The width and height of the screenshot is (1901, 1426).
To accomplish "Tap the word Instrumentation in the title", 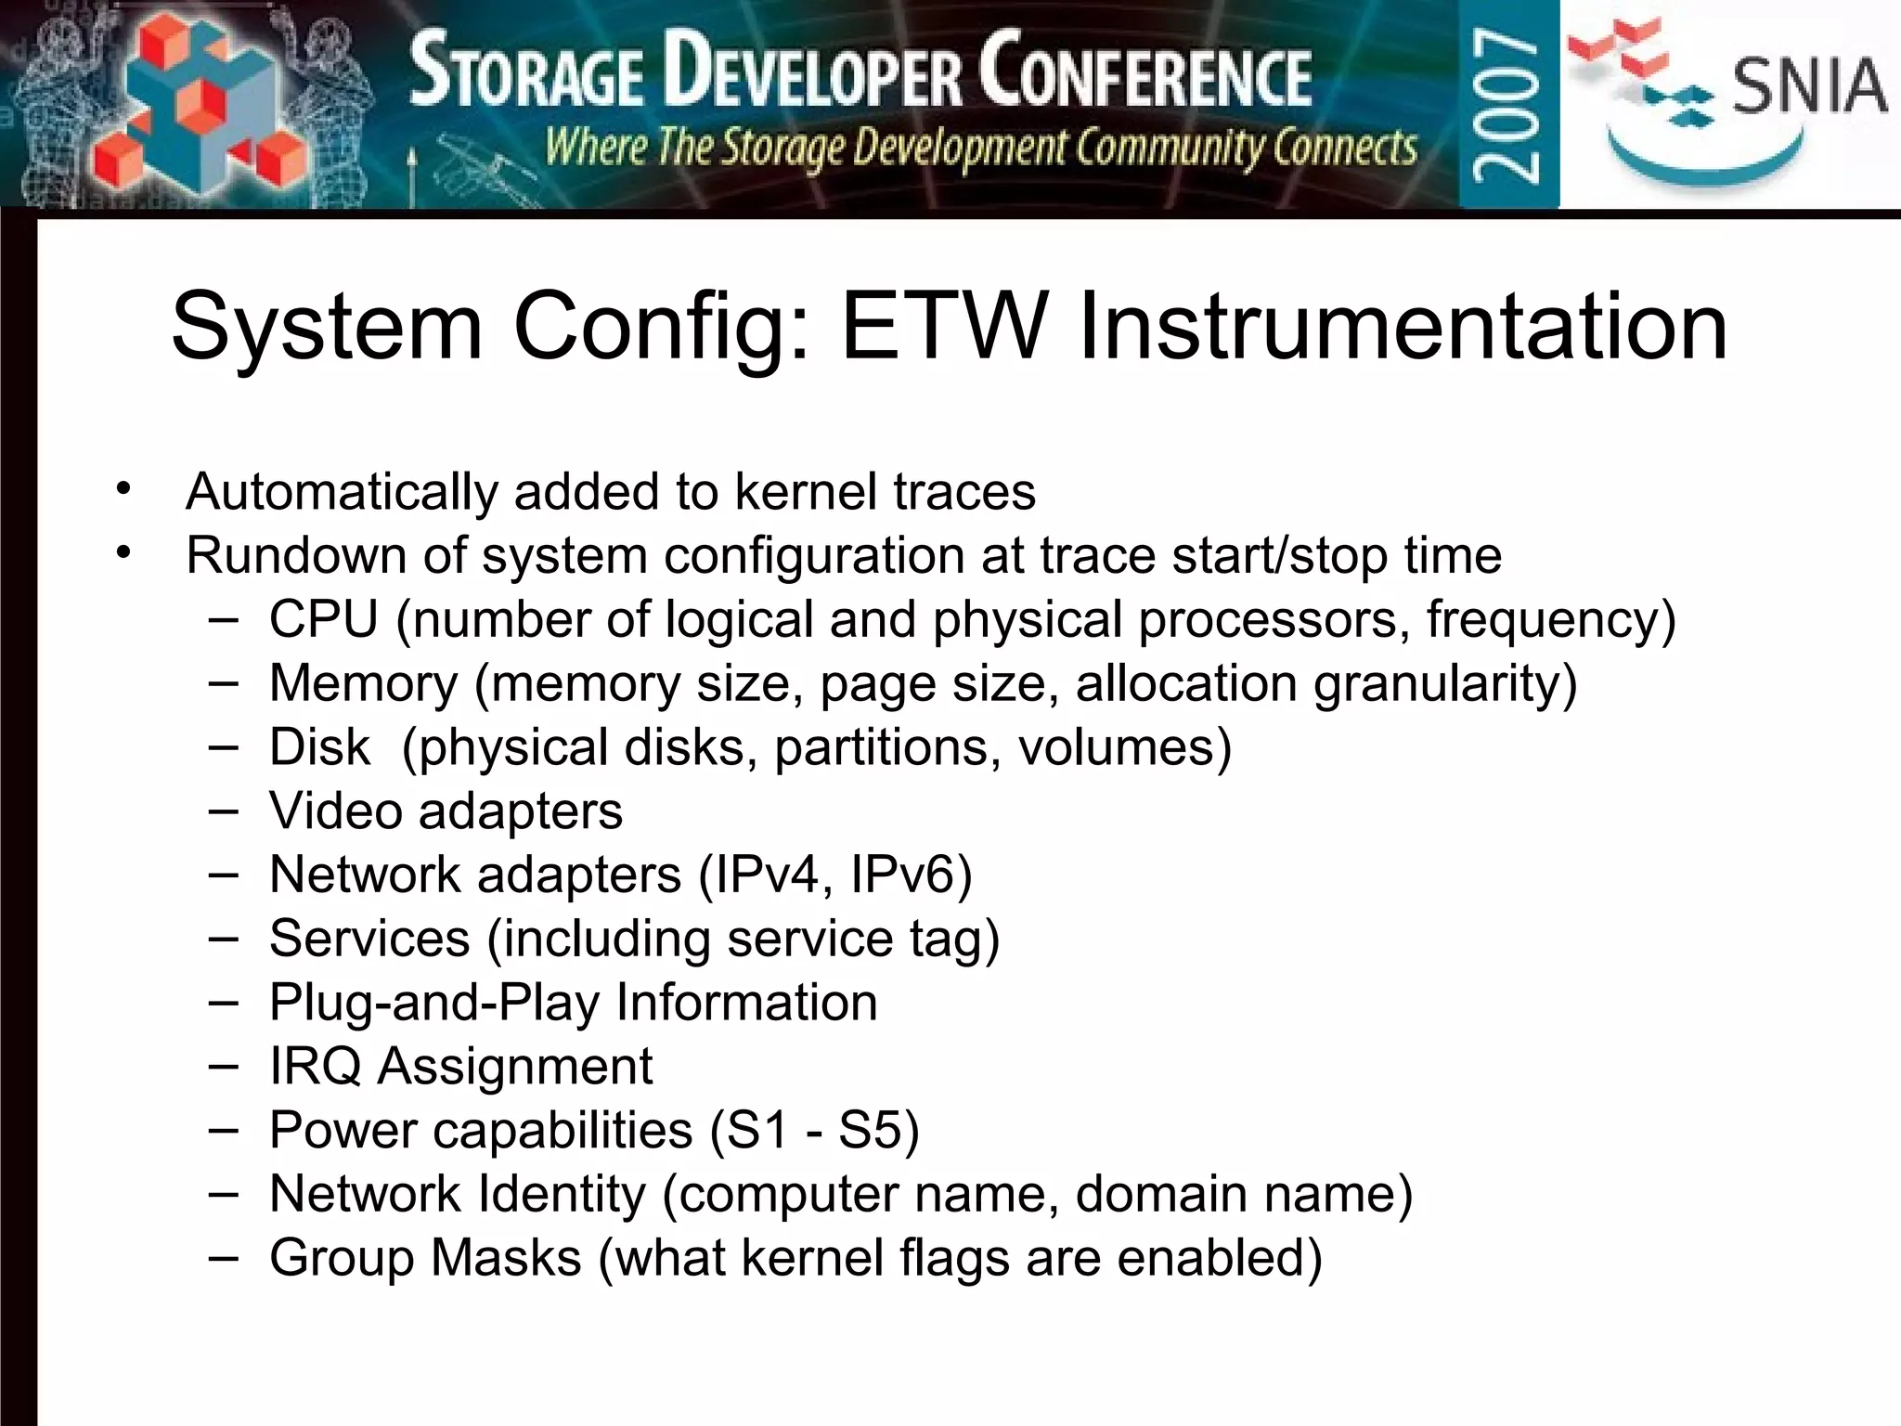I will click(x=1403, y=327).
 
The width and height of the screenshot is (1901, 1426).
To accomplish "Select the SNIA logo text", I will click(x=1809, y=86).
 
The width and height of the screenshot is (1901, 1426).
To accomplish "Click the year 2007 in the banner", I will click(x=1507, y=104).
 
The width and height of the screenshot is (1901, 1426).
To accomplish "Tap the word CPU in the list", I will click(x=324, y=619).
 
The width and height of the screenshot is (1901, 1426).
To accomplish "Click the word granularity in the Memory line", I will click(x=1445, y=684).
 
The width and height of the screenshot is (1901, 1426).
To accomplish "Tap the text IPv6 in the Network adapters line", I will click(x=910, y=875).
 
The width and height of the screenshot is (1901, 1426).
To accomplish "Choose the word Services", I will click(x=369, y=939).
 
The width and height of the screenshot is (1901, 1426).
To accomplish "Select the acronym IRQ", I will click(x=315, y=1066).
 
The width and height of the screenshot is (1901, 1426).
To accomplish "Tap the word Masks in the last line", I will click(x=506, y=1258).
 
